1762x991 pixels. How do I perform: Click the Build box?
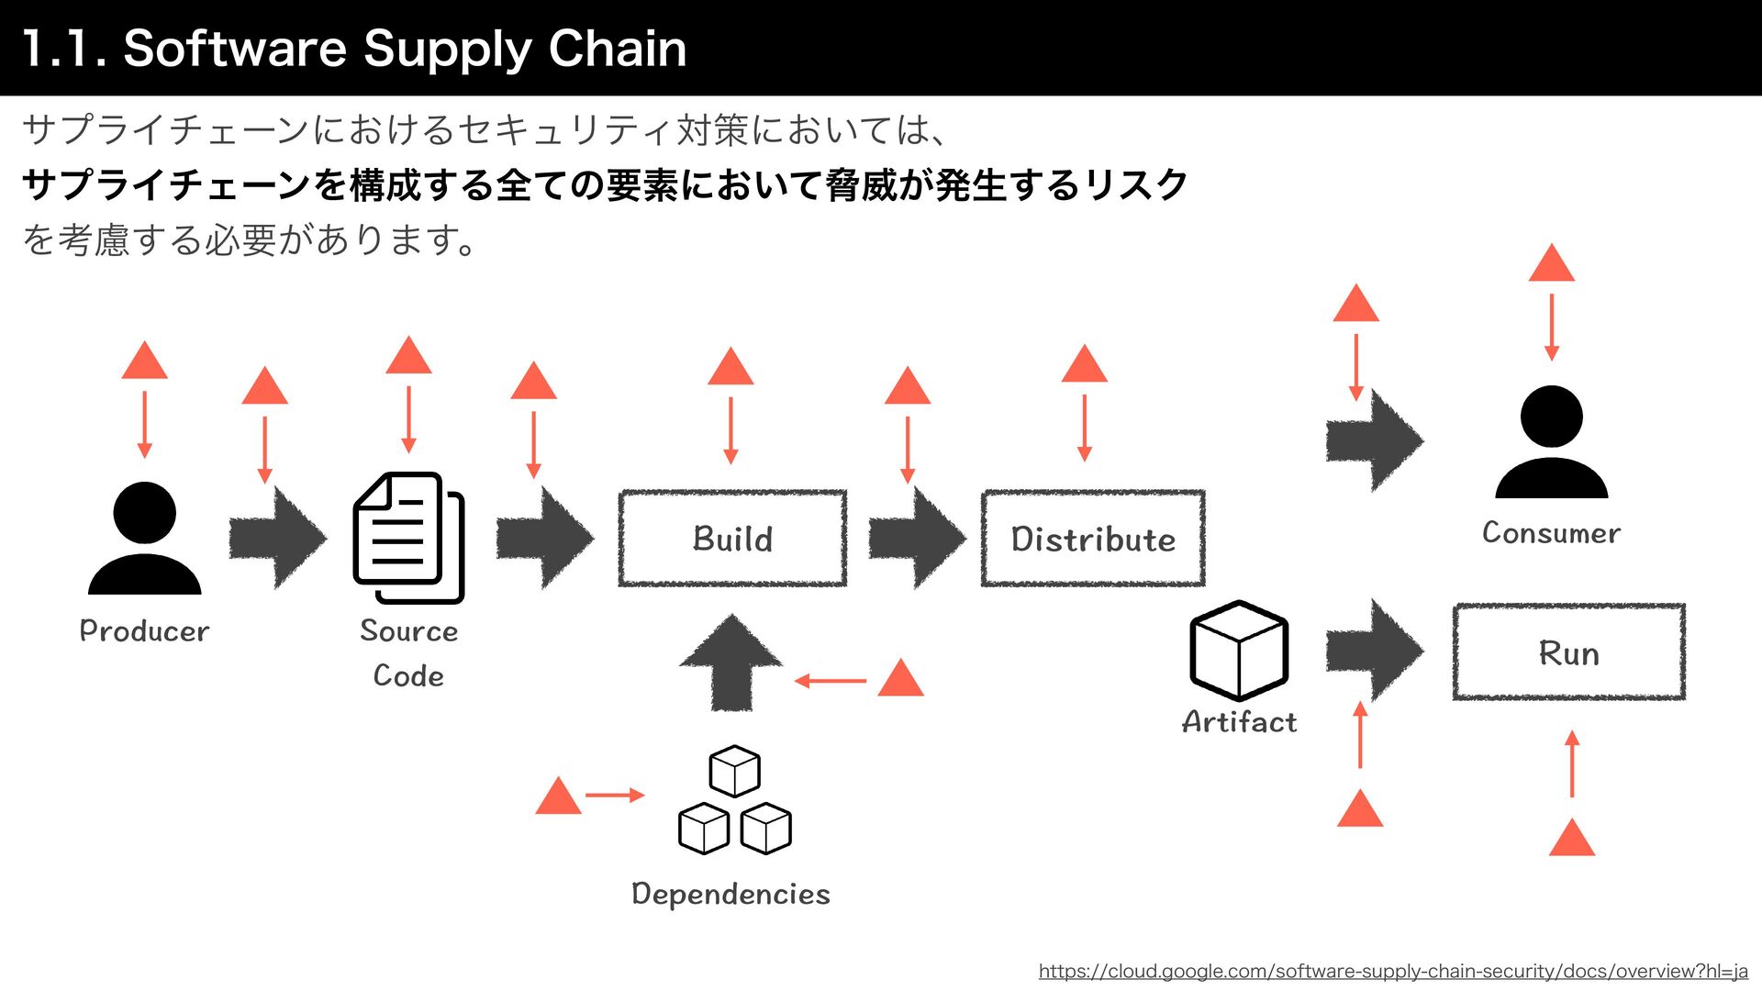point(732,539)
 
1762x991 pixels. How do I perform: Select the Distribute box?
point(1093,539)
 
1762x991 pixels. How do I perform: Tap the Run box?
point(1568,652)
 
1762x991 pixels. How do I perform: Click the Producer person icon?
point(144,539)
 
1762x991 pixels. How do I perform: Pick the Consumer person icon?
point(1551,442)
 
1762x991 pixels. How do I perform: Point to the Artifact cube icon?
point(1239,650)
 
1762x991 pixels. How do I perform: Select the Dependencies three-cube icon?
point(734,800)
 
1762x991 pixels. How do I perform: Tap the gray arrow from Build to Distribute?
point(916,538)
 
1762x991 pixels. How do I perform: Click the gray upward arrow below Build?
point(731,663)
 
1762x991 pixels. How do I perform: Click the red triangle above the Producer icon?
point(144,362)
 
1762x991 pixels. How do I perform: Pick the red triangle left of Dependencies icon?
point(558,797)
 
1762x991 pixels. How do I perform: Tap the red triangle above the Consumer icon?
point(1551,264)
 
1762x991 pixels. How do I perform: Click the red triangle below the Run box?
point(1571,839)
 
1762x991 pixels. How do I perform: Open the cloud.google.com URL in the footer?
point(1392,971)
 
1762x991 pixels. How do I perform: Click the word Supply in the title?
point(447,49)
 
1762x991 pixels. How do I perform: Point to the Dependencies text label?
point(730,894)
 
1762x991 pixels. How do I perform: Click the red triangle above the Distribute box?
point(1084,365)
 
